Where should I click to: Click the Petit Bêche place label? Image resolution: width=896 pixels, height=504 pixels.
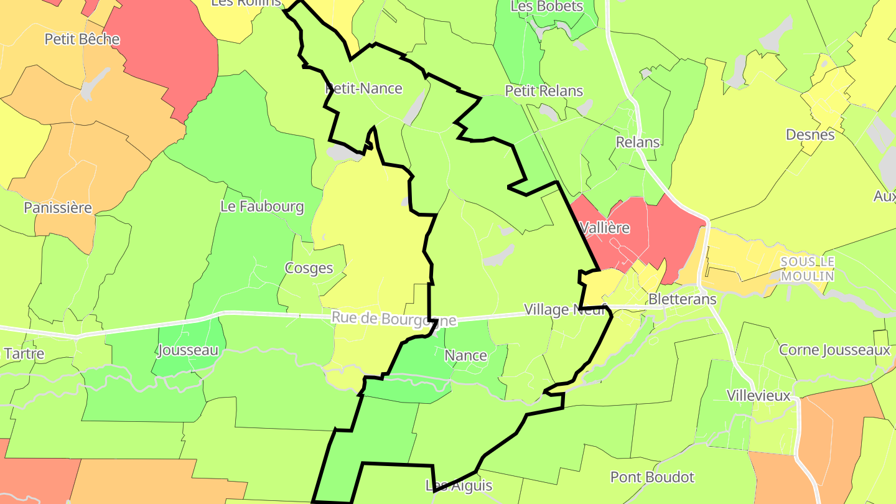(x=82, y=39)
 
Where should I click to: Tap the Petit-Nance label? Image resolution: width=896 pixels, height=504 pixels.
(x=364, y=88)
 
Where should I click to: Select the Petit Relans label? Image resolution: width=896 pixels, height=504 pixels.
(x=544, y=91)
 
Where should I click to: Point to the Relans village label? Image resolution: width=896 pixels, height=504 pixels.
(x=638, y=142)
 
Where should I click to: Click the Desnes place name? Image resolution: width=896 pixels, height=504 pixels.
(x=810, y=134)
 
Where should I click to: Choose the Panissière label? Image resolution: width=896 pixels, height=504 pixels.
(x=58, y=207)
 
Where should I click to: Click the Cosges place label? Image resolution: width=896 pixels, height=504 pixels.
(x=309, y=268)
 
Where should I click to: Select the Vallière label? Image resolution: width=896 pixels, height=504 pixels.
(x=604, y=228)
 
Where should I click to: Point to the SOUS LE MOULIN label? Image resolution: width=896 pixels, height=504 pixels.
(x=807, y=268)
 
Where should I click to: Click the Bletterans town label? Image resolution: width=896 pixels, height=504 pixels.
(x=683, y=299)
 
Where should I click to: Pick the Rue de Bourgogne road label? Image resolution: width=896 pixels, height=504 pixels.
(x=394, y=318)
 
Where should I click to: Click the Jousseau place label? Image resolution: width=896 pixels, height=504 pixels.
(x=189, y=350)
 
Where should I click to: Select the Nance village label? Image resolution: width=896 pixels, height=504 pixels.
(x=466, y=355)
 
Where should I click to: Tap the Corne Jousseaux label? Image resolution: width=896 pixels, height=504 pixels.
(x=834, y=350)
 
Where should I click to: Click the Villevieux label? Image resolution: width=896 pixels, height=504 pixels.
(x=758, y=395)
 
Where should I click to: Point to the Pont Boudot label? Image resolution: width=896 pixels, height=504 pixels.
(x=652, y=477)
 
